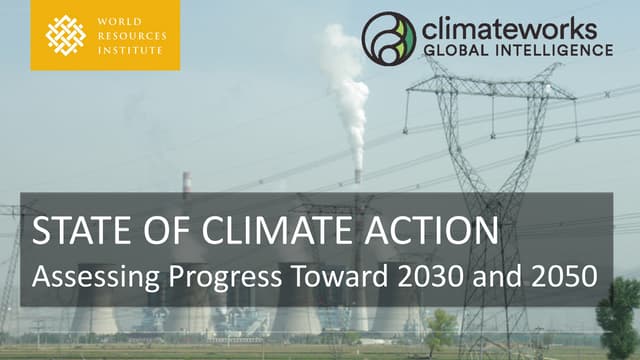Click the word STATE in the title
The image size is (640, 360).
72,231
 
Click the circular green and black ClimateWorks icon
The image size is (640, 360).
388,37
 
